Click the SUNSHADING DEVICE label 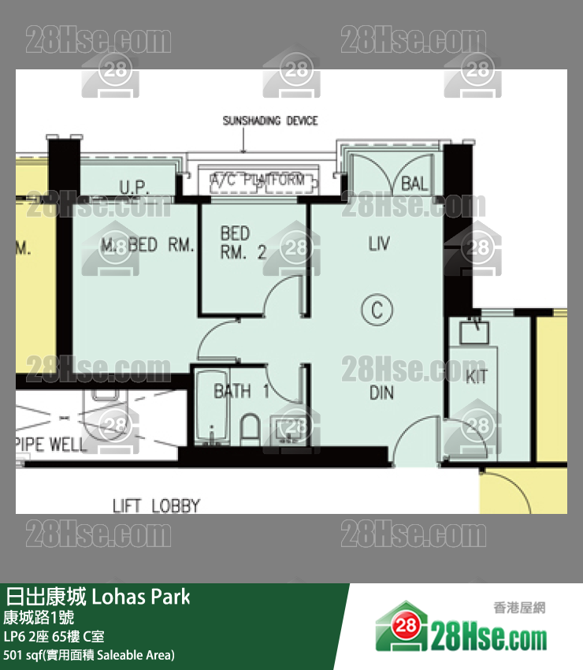point(270,121)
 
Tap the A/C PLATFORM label point(257,181)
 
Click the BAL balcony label point(414,184)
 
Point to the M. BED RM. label point(147,245)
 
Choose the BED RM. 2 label point(236,243)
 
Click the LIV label point(379,244)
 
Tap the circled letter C point(377,310)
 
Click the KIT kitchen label point(476,377)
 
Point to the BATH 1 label point(242,391)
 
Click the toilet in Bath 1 point(250,428)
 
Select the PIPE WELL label point(51,445)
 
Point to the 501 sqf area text point(89,655)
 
